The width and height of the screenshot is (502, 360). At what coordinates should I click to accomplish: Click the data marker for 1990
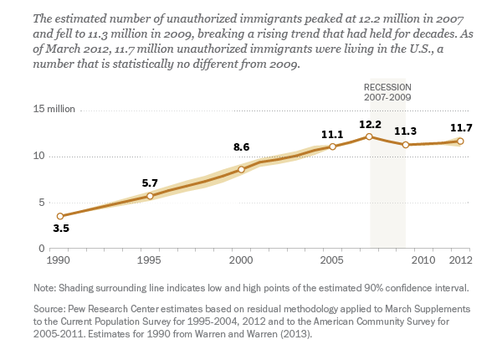coord(59,216)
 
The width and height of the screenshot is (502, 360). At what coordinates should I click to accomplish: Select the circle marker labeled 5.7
coord(151,196)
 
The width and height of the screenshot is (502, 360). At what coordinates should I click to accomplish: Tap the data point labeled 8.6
coord(242,169)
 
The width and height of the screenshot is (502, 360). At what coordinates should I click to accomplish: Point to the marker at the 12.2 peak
coord(370,136)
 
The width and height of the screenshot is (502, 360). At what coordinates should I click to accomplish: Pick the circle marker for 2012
coord(460,141)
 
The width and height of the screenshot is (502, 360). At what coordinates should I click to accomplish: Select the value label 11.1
coord(333,133)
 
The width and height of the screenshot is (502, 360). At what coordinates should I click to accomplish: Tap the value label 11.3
coord(406,131)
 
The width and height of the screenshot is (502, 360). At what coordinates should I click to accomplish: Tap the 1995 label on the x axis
coord(151,260)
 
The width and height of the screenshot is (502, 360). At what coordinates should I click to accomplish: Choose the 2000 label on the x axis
coord(242,260)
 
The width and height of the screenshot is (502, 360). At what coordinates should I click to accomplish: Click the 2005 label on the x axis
coord(333,260)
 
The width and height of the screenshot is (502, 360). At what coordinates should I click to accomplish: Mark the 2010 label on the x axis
coord(424,260)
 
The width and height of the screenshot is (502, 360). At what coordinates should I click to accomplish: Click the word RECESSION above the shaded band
coord(388,88)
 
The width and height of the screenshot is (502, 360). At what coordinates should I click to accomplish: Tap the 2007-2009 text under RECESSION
coord(388,98)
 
